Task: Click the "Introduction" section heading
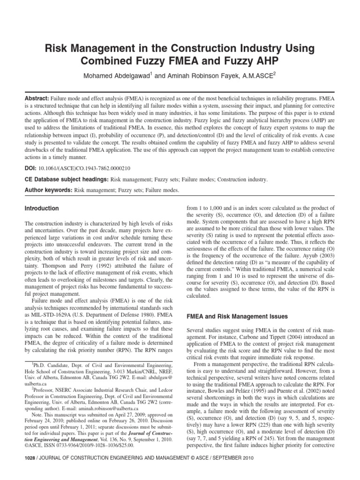(x=42, y=208)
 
